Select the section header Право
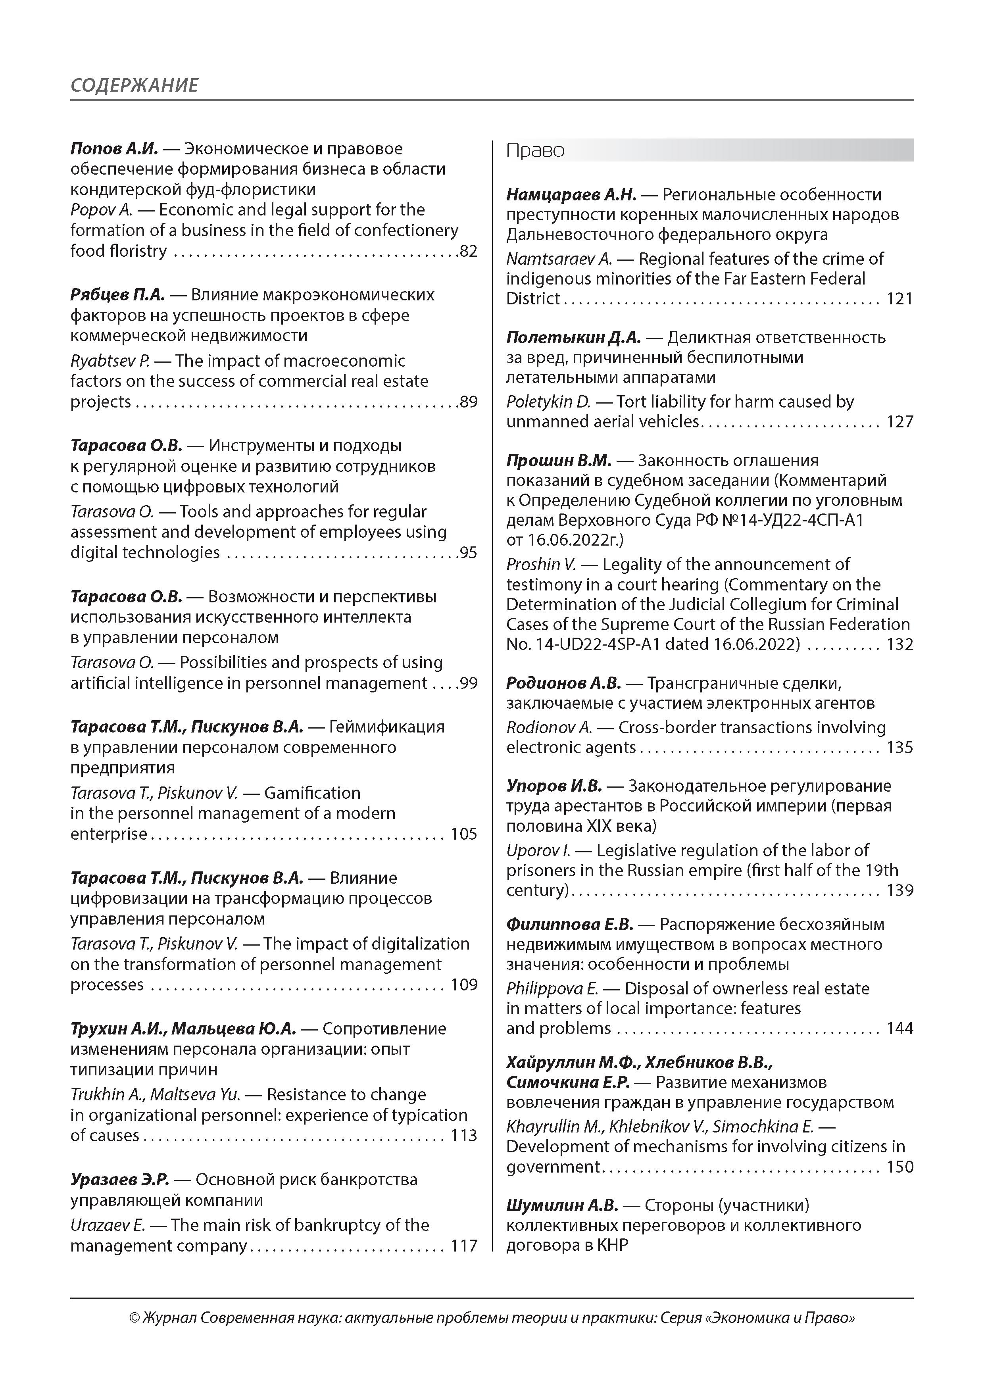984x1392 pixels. pyautogui.click(x=535, y=150)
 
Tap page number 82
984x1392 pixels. pyautogui.click(x=469, y=251)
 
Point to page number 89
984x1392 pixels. pyautogui.click(x=469, y=402)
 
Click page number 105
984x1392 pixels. pyautogui.click(x=464, y=834)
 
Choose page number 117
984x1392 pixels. pyautogui.click(x=464, y=1246)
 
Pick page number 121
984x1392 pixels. pyautogui.click(x=900, y=299)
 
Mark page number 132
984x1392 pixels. pyautogui.click(x=900, y=644)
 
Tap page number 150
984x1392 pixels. pyautogui.click(x=900, y=1167)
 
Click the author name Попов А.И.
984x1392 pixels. pyautogui.click(x=114, y=148)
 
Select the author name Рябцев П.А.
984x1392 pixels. pyautogui.click(x=117, y=295)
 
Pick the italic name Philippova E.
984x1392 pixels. pyautogui.click(x=552, y=989)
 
